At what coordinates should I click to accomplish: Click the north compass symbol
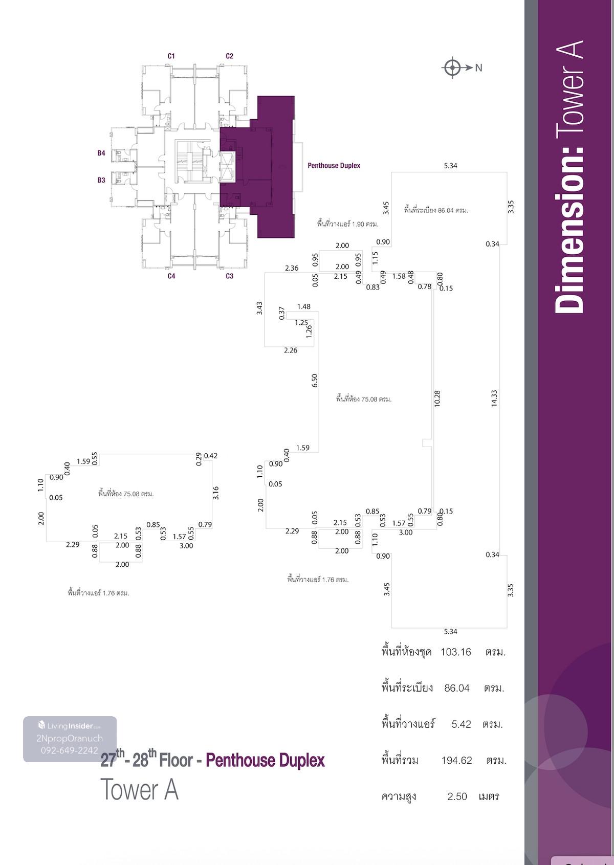(x=452, y=68)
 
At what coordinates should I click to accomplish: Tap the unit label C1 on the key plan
(x=171, y=56)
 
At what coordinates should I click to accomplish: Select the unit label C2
(x=230, y=56)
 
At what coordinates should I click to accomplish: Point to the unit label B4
(x=101, y=153)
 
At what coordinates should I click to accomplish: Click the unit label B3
(x=101, y=180)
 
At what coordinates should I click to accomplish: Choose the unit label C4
(x=171, y=276)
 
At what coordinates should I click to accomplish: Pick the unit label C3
(x=230, y=276)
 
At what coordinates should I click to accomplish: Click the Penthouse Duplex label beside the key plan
(x=334, y=165)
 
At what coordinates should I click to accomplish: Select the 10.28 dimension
(x=437, y=399)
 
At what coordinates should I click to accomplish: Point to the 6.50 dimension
(x=315, y=380)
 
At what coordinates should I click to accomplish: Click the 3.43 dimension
(x=259, y=308)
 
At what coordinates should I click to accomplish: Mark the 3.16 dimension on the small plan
(x=216, y=493)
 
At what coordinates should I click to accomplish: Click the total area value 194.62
(x=456, y=760)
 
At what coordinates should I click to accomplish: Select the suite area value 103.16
(x=455, y=652)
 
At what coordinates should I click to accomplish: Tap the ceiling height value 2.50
(x=457, y=796)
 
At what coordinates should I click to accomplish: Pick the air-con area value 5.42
(x=461, y=724)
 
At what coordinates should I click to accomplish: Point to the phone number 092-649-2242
(x=70, y=750)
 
